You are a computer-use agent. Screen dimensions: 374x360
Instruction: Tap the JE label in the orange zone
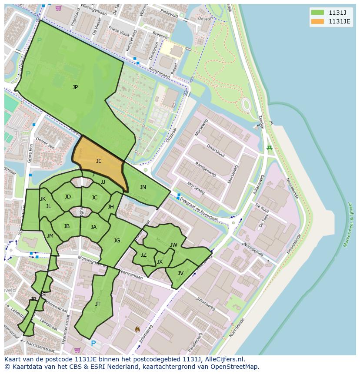[99, 161]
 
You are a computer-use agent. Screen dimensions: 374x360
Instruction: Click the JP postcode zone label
[75, 87]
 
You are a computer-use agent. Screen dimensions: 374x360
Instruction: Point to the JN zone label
[143, 187]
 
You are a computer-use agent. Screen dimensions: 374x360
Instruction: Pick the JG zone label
[117, 241]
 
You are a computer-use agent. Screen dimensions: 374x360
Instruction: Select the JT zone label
[98, 304]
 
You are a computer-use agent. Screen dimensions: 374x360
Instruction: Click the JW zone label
[173, 245]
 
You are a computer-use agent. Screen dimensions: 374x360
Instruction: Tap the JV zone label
[180, 273]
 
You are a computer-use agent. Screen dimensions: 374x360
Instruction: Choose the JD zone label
[68, 197]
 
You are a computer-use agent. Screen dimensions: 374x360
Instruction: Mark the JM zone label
[50, 236]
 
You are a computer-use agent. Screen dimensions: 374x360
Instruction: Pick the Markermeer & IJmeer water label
[348, 224]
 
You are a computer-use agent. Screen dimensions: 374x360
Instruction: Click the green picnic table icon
[270, 149]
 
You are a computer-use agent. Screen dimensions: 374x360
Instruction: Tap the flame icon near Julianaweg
[138, 330]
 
